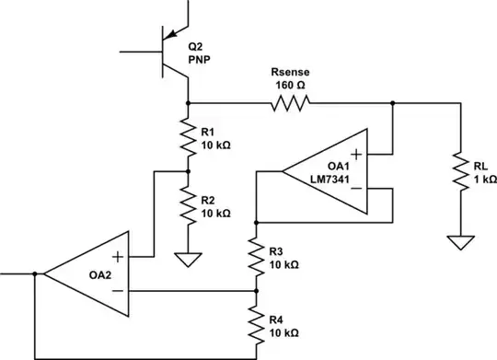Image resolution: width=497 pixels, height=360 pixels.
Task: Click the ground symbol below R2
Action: (x=189, y=260)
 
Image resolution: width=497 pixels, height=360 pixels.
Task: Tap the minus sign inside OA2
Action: (x=118, y=293)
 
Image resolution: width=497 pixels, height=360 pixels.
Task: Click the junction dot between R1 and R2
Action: (x=189, y=171)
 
